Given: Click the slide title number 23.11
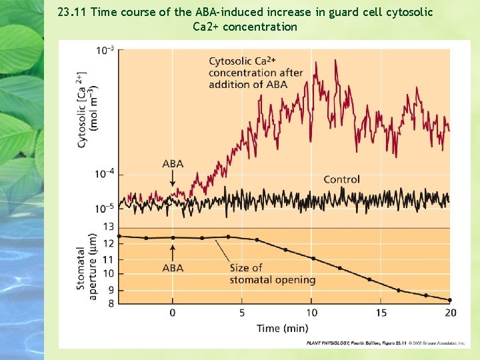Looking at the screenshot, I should coord(73,12).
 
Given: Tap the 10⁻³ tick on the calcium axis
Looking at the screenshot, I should coord(105,50).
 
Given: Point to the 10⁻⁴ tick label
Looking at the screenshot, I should coord(105,173).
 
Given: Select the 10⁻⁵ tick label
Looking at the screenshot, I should coord(105,207).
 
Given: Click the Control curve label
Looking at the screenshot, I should coord(341,179).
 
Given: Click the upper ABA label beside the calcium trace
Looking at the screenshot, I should coord(173,164).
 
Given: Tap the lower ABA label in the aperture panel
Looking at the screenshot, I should coord(173,268).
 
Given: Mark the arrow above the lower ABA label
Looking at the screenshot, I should coord(173,252).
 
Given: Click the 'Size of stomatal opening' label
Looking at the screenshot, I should coord(272,273).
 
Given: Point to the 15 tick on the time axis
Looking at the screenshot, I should coord(381,313).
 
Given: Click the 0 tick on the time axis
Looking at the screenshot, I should coord(173,313).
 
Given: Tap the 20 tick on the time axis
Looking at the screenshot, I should coord(451,313).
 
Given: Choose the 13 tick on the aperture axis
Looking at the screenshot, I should coord(107,227).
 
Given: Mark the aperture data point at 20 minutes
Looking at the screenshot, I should coord(449,300).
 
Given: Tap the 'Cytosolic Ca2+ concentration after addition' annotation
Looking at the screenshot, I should coord(255,73).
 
